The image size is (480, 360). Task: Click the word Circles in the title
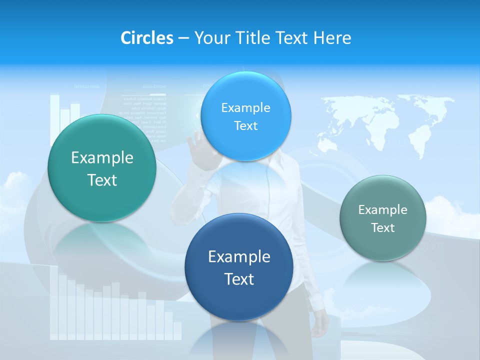coord(146,38)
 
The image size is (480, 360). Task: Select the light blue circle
coord(245,116)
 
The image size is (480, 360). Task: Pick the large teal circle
coord(102,168)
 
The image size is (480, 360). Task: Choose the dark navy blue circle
coord(239,267)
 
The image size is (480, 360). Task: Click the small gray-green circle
coord(383,218)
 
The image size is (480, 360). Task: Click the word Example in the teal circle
coord(102,158)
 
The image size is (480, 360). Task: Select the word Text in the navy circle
coord(239,279)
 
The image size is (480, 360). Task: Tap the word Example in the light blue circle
coord(245,107)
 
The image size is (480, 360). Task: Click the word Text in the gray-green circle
coord(383,228)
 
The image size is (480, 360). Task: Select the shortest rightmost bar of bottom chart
coord(177,330)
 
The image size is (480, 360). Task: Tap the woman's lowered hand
coord(316,327)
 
